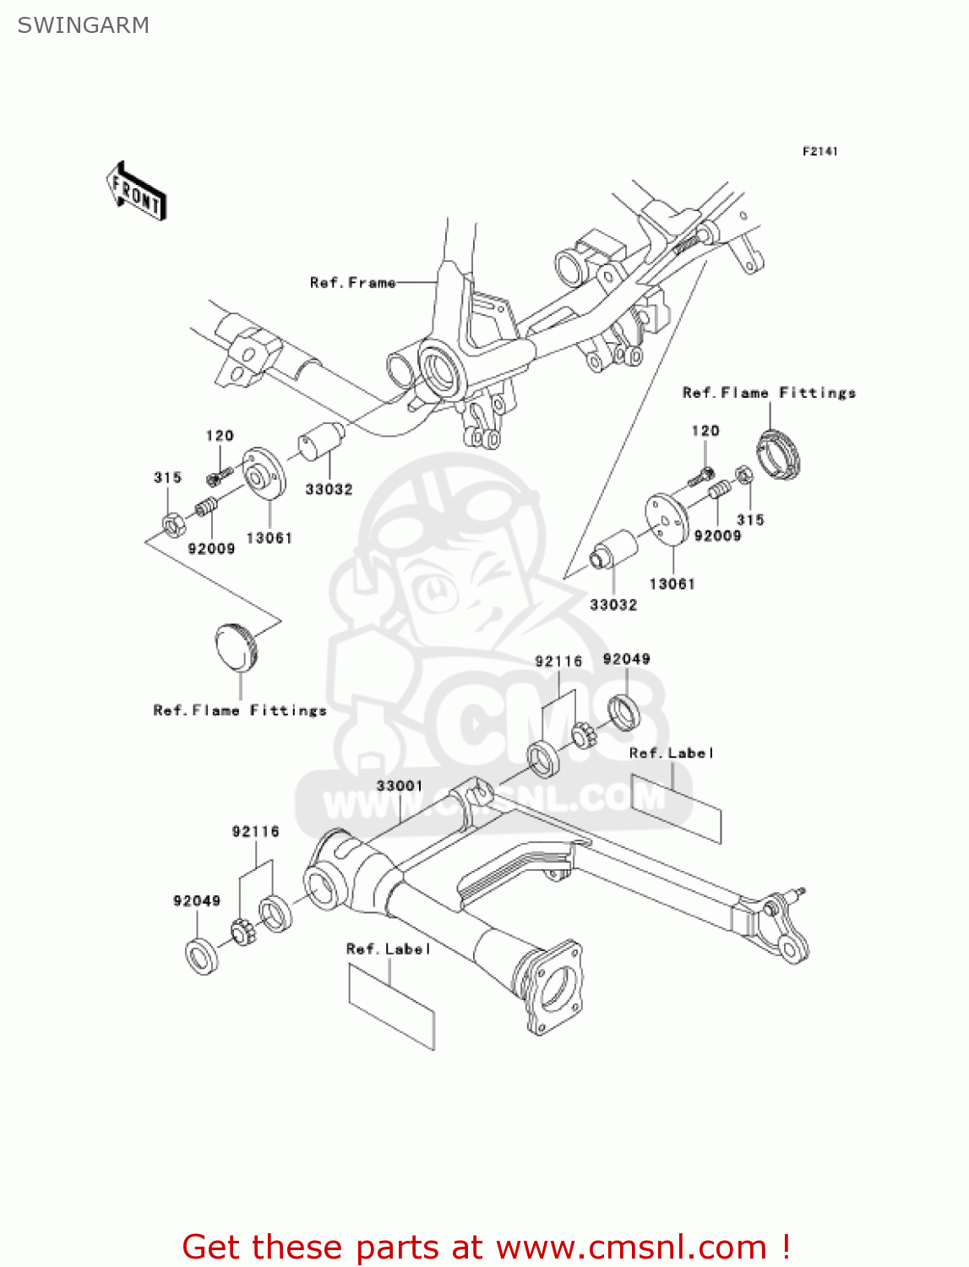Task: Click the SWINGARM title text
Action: [x=84, y=25]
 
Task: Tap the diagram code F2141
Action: [x=819, y=151]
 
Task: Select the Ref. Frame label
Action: [x=352, y=283]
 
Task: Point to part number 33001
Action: [x=400, y=786]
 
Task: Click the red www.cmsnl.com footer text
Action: [x=486, y=1247]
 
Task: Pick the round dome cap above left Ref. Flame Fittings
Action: [x=236, y=646]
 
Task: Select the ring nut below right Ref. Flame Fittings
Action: [x=778, y=454]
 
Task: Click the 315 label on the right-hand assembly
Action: [x=750, y=520]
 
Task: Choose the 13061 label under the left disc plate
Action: [x=269, y=538]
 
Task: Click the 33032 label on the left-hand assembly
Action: [x=329, y=489]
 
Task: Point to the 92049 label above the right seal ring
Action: [x=626, y=659]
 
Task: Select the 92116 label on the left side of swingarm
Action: [x=255, y=832]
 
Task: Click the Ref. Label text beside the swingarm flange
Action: [x=389, y=949]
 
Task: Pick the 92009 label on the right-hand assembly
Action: [x=717, y=536]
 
